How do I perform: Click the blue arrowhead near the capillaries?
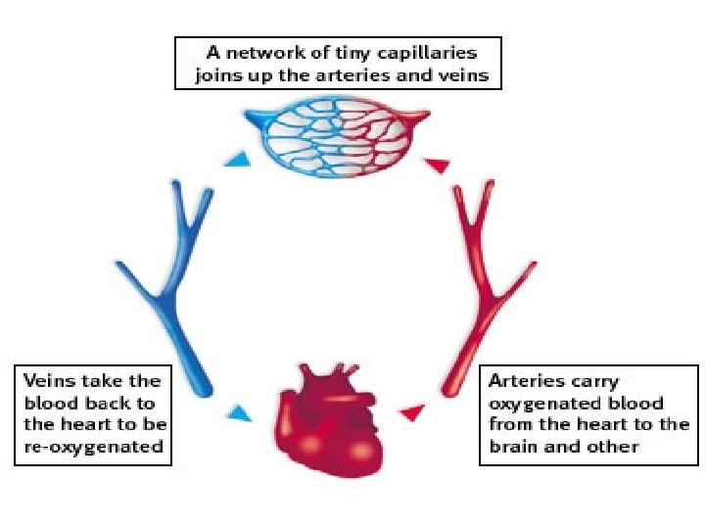click(233, 160)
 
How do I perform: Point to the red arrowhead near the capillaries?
click(439, 164)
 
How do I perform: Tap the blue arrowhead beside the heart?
click(235, 413)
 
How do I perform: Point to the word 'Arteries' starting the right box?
click(523, 380)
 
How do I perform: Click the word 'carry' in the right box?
click(594, 380)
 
